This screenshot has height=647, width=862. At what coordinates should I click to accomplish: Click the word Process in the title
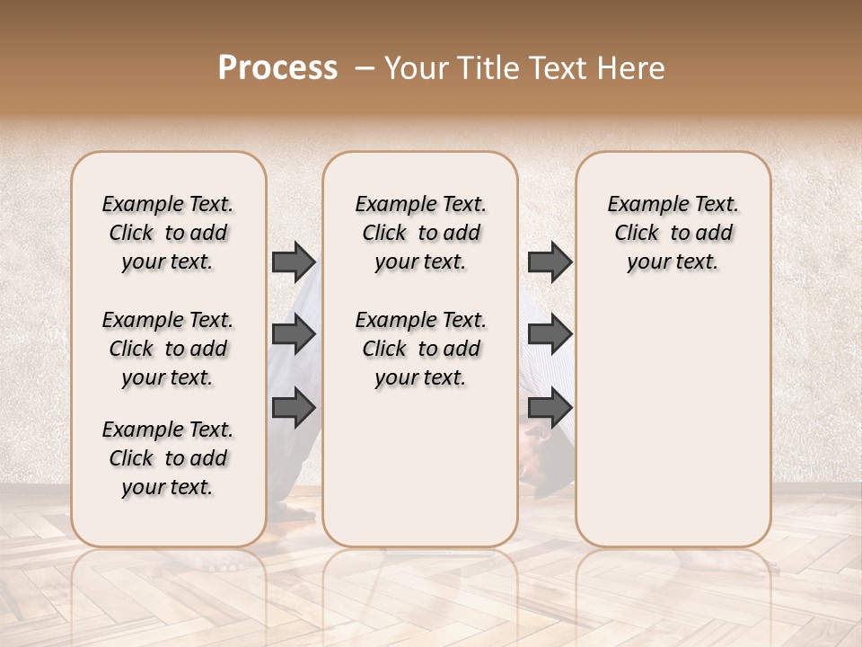[277, 68]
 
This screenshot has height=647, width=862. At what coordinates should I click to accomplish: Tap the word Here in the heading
[633, 68]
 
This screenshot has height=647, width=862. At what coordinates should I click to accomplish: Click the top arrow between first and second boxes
[294, 261]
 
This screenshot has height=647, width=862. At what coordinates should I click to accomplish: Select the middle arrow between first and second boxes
[294, 335]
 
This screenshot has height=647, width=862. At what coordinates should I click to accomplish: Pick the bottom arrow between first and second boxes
[294, 409]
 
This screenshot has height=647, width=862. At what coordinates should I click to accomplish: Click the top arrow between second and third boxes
[550, 261]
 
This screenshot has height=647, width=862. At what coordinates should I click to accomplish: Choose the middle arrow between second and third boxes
[550, 335]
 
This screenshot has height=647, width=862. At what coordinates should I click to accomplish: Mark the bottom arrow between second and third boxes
[550, 409]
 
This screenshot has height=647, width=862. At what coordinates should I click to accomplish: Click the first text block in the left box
[168, 233]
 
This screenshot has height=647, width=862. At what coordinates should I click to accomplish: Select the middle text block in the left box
[168, 349]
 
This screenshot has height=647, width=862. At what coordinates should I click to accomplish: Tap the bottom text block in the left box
[168, 458]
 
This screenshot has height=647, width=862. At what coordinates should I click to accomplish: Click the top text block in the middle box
[420, 233]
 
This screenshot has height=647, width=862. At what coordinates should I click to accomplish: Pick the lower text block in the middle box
[420, 349]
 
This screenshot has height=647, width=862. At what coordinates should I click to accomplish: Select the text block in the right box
[673, 233]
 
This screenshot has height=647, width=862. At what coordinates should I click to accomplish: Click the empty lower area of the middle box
[420, 467]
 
